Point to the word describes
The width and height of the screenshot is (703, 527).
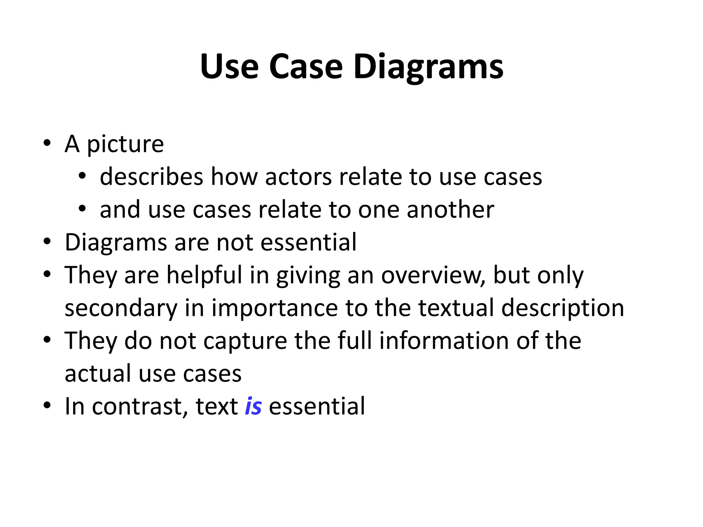pyautogui.click(x=151, y=177)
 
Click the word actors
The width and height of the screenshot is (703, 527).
pyautogui.click(x=298, y=177)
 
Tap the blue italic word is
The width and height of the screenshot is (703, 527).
pyautogui.click(x=253, y=406)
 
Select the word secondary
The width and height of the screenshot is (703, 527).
pyautogui.click(x=121, y=308)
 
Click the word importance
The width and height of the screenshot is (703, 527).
pyautogui.click(x=275, y=308)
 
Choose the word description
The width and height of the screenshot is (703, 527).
pyautogui.click(x=563, y=308)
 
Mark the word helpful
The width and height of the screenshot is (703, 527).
pyautogui.click(x=205, y=275)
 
